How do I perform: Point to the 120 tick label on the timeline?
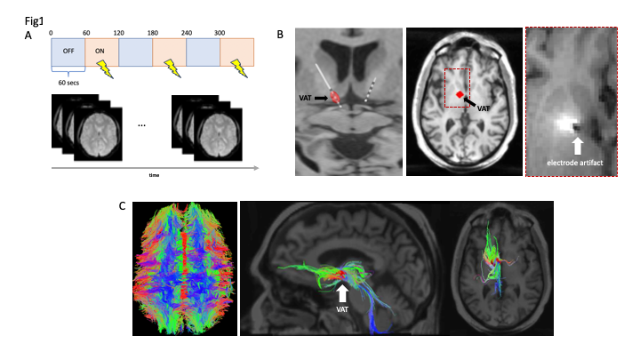pyautogui.click(x=119, y=31)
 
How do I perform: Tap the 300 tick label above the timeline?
pyautogui.click(x=221, y=31)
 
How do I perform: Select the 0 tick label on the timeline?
pyautogui.click(x=52, y=31)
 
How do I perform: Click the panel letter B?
pyautogui.click(x=280, y=35)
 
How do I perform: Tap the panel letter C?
pyautogui.click(x=122, y=205)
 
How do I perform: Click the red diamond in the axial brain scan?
pyautogui.click(x=459, y=94)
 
